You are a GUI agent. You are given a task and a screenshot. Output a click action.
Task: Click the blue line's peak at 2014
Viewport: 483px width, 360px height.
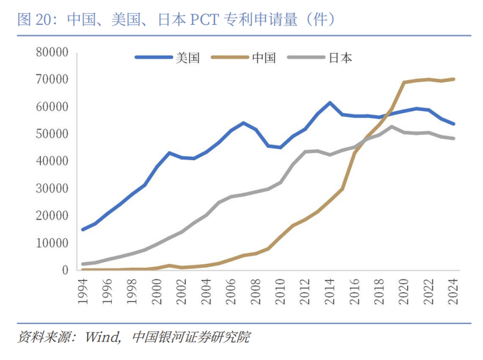[x=330, y=103]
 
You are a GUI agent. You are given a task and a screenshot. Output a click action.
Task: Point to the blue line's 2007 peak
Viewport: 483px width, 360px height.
[x=244, y=123]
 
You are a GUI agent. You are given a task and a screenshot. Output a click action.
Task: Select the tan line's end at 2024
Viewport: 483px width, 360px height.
[x=453, y=79]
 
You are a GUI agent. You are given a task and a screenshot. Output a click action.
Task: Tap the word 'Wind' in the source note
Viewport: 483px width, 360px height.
[x=102, y=338]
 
